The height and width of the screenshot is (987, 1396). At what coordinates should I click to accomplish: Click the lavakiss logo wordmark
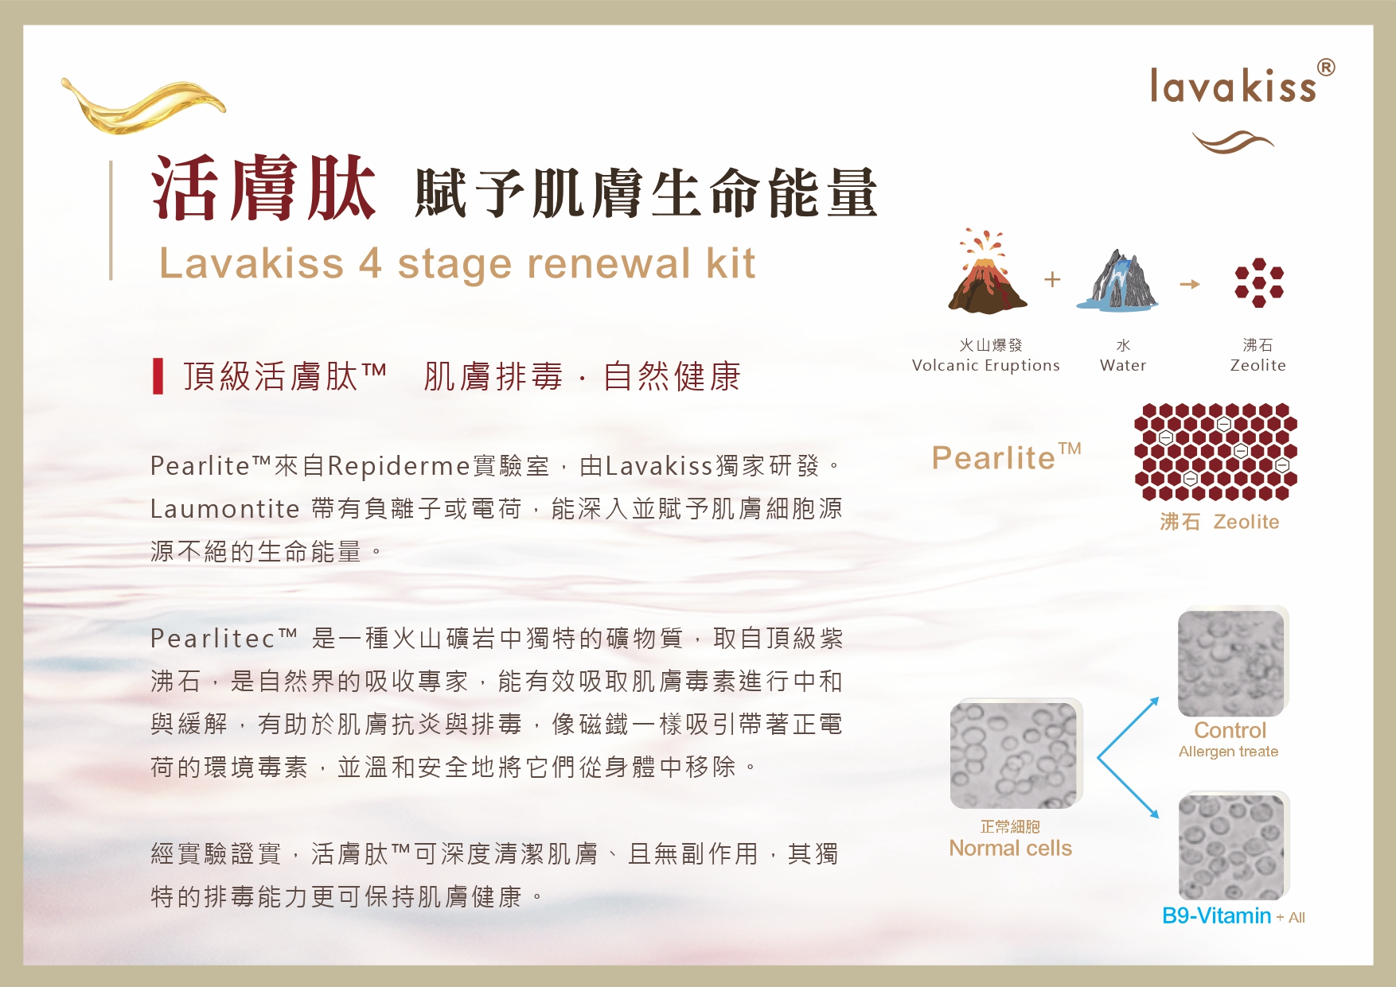[x=1233, y=86]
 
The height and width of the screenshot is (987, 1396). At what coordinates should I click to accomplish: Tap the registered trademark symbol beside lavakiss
[x=1326, y=68]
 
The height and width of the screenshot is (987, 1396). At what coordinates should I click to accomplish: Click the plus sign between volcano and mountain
[x=1052, y=279]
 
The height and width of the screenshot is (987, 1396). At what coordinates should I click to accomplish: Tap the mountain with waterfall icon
[x=1117, y=279]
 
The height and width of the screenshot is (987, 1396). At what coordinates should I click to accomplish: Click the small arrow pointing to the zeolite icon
[x=1190, y=284]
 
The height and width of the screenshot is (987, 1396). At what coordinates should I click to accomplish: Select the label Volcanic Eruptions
[x=985, y=365]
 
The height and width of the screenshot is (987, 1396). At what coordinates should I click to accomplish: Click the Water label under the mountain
[x=1123, y=365]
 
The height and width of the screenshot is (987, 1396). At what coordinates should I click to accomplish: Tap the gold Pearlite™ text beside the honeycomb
[x=1007, y=457]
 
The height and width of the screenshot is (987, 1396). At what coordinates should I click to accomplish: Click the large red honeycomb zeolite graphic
[x=1215, y=452]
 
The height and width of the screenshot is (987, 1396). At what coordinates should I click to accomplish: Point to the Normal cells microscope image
[x=1016, y=754]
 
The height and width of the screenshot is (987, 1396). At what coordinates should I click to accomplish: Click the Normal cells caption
[x=1010, y=848]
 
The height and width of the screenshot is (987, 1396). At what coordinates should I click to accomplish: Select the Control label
[x=1230, y=730]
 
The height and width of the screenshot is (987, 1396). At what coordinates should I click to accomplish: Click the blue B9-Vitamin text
[x=1216, y=915]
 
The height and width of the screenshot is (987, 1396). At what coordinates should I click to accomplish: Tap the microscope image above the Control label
[x=1233, y=662]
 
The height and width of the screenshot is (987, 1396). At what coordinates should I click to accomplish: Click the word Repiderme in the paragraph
[x=400, y=466]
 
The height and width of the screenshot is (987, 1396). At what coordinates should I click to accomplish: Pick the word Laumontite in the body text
[x=225, y=509]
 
